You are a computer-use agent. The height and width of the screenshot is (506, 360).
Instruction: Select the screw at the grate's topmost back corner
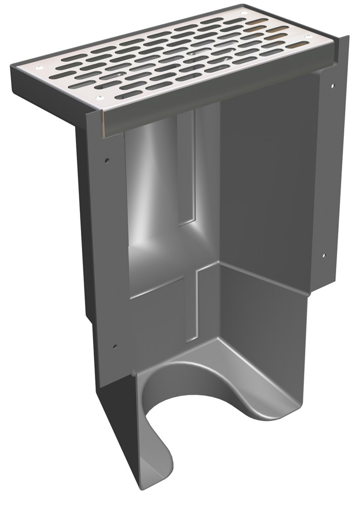click(243, 13)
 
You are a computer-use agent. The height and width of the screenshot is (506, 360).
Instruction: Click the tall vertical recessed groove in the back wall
click(187, 167)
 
